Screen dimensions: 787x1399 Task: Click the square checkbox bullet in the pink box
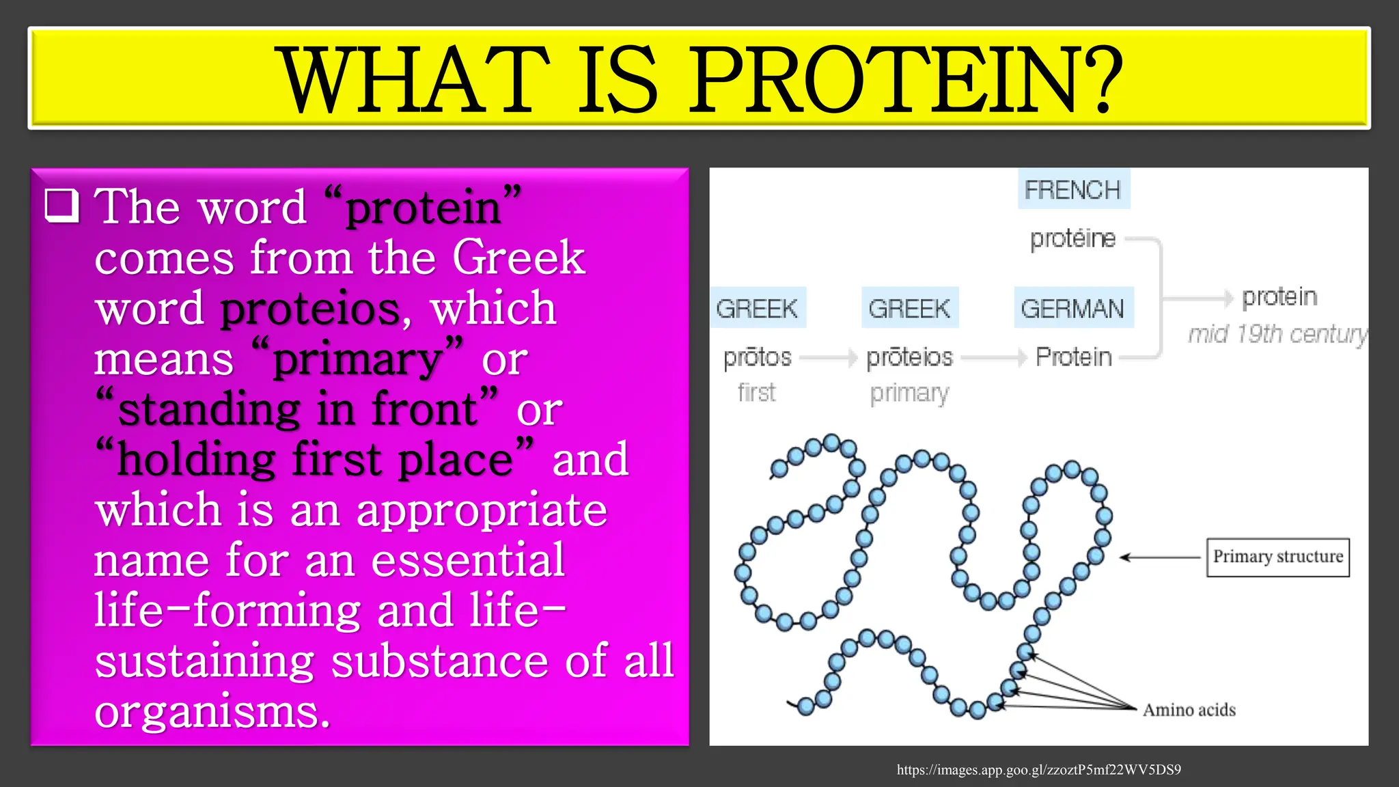62,206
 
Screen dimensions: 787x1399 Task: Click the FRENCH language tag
1072,189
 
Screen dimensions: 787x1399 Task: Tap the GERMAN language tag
1072,308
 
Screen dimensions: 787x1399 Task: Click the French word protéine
1072,238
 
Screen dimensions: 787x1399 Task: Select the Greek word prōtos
757,357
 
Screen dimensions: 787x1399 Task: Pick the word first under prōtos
757,393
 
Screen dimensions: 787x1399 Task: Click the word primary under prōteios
909,393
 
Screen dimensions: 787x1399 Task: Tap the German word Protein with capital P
1073,357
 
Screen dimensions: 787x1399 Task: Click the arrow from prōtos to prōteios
828,357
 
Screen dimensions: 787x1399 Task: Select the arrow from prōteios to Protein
993,357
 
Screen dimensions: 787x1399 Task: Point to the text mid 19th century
1276,334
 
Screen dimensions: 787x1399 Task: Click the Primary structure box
1277,557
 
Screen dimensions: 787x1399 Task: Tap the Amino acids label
1189,710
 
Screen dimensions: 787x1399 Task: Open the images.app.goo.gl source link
1038,770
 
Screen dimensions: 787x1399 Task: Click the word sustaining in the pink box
204,661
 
